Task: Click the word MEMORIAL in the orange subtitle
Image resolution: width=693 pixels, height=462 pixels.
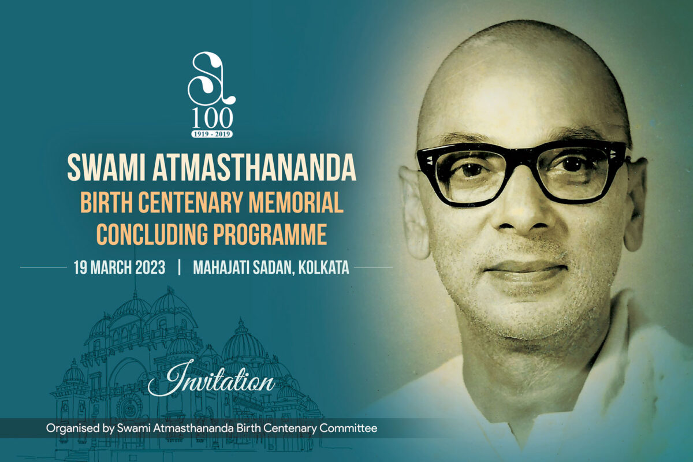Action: pos(296,202)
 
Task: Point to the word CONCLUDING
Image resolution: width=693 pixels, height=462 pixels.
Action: pos(152,234)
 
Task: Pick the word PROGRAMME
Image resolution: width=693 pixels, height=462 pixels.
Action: pos(270,234)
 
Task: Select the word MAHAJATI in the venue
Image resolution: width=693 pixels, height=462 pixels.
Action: pos(221,267)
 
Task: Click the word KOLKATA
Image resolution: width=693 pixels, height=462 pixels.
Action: pos(323,267)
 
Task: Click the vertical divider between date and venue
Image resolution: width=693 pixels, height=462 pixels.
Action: pos(180,267)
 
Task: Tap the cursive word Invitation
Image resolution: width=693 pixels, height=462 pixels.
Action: pos(211,379)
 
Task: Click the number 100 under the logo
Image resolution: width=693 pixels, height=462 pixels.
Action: pos(212,118)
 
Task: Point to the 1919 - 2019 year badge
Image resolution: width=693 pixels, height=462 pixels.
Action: pos(212,134)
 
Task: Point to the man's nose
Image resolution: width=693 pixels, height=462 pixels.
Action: pos(523,214)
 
